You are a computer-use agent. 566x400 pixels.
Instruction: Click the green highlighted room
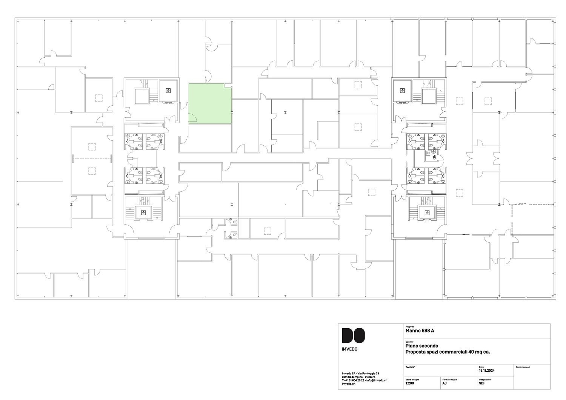point(210,104)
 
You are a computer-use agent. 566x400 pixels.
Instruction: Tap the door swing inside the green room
point(192,118)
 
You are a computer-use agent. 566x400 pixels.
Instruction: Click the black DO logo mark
point(353,335)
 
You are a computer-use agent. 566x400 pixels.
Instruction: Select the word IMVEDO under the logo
point(349,349)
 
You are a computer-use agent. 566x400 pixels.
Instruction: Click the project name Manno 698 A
point(420,331)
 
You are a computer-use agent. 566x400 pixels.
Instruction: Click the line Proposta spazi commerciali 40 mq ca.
point(448,352)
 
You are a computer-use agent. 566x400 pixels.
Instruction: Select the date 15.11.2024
point(487,371)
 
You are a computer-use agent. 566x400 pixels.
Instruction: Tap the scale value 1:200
point(410,383)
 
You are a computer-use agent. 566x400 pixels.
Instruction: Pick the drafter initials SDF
point(482,383)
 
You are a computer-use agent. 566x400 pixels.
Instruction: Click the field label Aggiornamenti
point(523,367)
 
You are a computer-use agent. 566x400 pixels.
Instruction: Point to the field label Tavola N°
point(410,367)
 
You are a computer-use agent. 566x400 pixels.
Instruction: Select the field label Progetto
point(410,327)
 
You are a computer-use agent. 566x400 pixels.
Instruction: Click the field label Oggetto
point(409,342)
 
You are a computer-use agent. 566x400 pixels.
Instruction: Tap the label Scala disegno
point(412,380)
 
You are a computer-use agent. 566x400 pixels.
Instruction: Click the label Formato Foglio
point(449,380)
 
